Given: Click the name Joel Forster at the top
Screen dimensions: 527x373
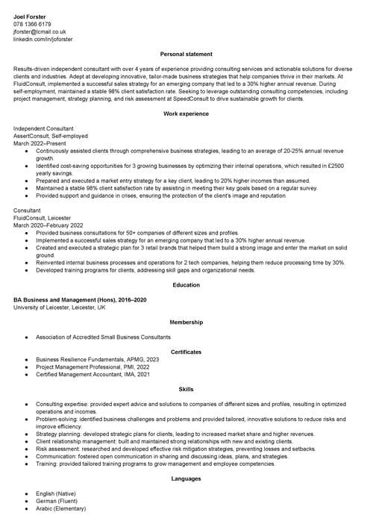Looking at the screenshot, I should (x=31, y=15).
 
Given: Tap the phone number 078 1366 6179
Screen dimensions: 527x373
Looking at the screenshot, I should (x=32, y=24).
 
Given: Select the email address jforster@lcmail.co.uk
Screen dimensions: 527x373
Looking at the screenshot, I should (x=40, y=32).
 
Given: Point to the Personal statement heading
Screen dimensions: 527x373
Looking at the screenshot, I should (x=186, y=54).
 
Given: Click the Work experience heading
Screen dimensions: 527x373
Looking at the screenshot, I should (x=186, y=113).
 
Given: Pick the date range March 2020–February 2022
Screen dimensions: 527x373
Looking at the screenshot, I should (x=48, y=225).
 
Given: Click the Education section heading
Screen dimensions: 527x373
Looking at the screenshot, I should (x=186, y=284).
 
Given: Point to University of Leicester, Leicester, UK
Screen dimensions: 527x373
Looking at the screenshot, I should (x=60, y=307).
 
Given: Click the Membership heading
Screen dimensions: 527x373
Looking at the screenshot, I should (x=186, y=322).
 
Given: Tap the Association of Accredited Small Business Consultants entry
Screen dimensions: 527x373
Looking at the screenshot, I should (x=103, y=337).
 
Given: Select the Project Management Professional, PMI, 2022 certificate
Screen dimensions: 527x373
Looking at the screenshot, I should (x=93, y=367).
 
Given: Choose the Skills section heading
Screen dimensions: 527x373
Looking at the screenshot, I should (x=186, y=389).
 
